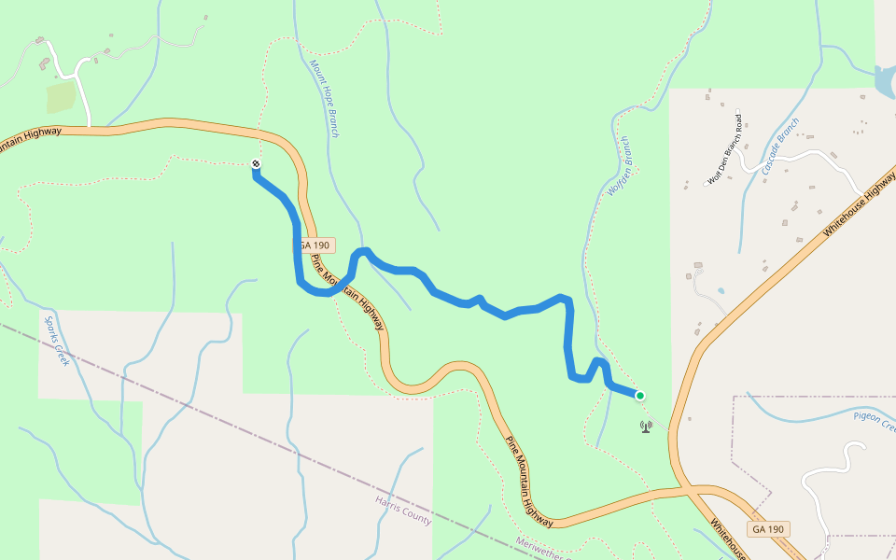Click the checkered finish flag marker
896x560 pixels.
(x=256, y=165)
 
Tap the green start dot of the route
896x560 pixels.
(x=640, y=396)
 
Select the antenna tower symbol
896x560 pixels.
(x=645, y=427)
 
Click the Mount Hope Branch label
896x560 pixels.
(x=324, y=99)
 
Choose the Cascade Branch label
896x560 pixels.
(x=781, y=147)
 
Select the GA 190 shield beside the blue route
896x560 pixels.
(x=315, y=245)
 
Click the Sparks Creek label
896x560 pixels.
(x=57, y=341)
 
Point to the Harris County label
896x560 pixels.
(x=403, y=510)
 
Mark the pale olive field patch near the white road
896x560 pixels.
(x=61, y=96)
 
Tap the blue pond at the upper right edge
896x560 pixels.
(x=885, y=82)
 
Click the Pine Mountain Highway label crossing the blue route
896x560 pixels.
(x=347, y=291)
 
